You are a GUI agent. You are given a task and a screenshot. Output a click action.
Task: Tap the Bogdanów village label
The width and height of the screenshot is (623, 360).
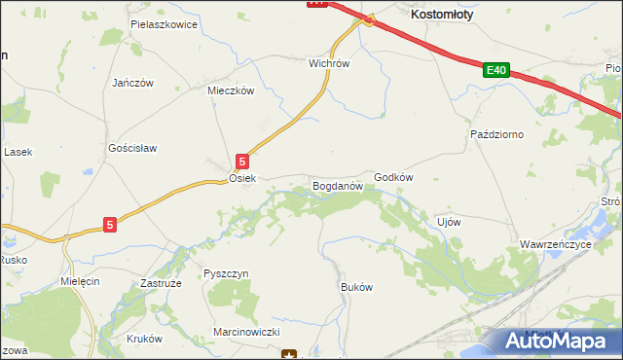pos(337,184)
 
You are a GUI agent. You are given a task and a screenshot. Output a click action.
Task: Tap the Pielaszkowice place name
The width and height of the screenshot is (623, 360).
pos(164,23)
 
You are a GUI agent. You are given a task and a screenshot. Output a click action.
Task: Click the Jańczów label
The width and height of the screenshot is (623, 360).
pos(132,83)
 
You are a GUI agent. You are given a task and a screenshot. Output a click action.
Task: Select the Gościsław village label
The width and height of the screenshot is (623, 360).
pos(132,148)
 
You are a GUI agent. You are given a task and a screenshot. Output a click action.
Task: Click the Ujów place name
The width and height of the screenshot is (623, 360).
pos(449,221)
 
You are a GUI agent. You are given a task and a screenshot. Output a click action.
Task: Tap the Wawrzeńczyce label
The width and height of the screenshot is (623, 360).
pos(556,244)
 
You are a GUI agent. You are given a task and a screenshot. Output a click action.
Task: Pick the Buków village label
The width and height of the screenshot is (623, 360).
pos(356,287)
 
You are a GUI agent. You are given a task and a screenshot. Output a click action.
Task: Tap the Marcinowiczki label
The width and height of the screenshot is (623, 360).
pos(247,332)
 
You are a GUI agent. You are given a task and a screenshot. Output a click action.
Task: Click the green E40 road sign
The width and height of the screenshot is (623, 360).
pos(496,70)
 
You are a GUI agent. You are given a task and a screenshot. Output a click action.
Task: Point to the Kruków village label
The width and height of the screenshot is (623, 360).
pos(144,339)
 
